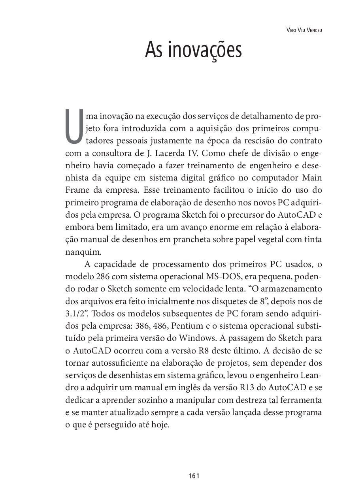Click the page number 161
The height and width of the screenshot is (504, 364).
(x=194, y=476)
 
